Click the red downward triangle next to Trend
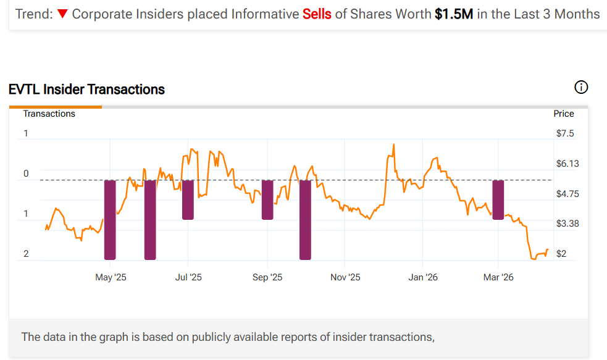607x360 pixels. (62, 14)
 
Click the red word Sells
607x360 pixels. (317, 14)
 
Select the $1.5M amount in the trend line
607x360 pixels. (454, 14)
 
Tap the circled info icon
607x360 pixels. (581, 87)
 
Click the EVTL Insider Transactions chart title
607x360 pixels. (86, 90)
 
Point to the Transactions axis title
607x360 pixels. (49, 114)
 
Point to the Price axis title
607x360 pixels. (564, 114)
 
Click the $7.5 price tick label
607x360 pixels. (565, 133)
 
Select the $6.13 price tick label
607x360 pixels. (567, 164)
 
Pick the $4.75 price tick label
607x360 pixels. (567, 193)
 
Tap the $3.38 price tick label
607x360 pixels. (567, 223)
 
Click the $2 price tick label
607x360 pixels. (562, 254)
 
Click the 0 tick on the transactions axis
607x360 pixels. (26, 174)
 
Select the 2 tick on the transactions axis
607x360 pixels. (26, 254)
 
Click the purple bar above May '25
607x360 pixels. (110, 219)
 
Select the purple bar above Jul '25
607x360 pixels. (188, 199)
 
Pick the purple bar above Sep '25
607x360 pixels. (267, 199)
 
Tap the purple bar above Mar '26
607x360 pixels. (498, 199)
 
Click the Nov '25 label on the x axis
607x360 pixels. (345, 277)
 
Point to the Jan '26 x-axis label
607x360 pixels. (423, 277)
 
